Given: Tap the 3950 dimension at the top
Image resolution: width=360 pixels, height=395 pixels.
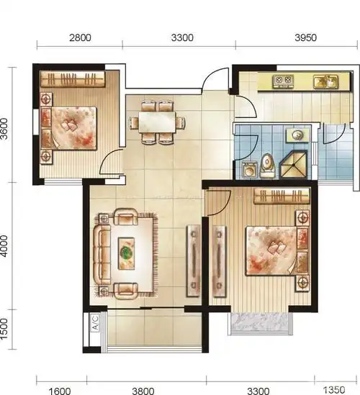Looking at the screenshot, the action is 305,38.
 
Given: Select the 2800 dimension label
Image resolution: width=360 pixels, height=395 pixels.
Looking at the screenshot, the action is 80,38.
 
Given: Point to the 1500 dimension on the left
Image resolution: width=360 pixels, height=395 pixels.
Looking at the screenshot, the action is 4,329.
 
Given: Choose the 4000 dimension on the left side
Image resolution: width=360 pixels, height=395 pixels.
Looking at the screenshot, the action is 4,246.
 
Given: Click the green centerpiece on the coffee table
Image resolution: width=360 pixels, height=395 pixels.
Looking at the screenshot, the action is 126,251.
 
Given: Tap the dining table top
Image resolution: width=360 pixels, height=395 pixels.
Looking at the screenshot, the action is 157,122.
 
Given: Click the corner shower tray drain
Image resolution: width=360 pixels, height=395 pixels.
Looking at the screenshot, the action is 294,165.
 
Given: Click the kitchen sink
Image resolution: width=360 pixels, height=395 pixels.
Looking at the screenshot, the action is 325,81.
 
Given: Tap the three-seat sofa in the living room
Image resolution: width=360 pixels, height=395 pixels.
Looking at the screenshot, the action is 102,255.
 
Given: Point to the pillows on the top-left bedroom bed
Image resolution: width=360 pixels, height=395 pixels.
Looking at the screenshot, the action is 70,124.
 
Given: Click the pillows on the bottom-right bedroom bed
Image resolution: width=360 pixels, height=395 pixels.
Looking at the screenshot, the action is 276,248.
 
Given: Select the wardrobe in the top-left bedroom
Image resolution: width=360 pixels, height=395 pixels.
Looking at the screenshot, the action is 73,79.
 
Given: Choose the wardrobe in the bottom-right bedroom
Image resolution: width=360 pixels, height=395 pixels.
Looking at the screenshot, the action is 282,196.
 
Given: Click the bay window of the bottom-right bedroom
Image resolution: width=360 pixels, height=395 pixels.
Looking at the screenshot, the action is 261,324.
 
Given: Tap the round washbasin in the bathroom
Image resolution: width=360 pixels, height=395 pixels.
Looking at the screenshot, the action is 297,135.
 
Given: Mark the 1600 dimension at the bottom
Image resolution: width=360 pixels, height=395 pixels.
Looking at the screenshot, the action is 60,391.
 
